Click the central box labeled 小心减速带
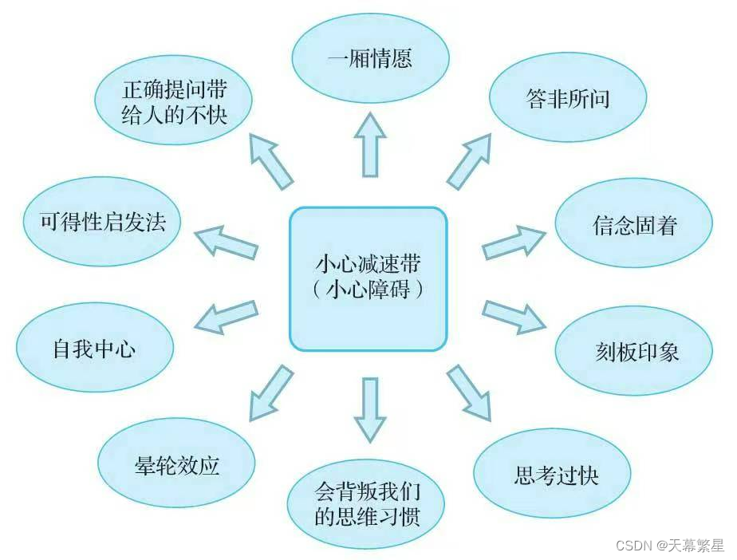[368, 278]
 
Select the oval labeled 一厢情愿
[370, 60]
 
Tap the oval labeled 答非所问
[567, 98]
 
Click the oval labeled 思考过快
[555, 475]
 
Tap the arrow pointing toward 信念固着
[514, 241]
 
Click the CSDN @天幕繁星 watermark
[669, 546]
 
